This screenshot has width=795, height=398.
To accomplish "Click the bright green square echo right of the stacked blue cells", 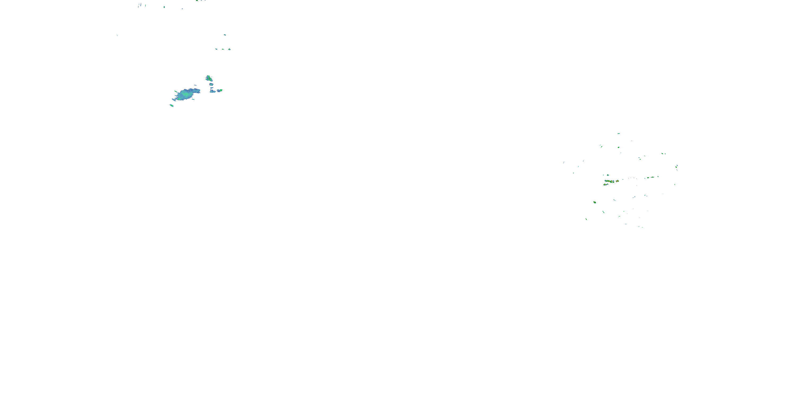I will [x=221, y=90].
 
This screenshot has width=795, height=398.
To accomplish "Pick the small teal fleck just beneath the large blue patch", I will [x=193, y=99].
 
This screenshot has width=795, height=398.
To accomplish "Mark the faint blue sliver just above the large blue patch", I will [x=195, y=85].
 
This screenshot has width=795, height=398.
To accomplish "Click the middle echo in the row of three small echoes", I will [x=223, y=49].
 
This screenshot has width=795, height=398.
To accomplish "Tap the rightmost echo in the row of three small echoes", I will [x=229, y=49].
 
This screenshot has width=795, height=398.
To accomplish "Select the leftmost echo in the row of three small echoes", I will [x=216, y=49].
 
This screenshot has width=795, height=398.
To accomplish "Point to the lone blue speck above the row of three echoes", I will [x=225, y=34].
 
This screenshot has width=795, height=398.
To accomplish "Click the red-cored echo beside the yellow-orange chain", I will [x=617, y=181].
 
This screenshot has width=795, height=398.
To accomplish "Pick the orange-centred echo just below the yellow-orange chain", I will [x=606, y=184].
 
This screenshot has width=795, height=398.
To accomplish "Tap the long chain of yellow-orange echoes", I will [x=609, y=181].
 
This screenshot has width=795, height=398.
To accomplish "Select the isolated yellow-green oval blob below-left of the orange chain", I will [x=594, y=202].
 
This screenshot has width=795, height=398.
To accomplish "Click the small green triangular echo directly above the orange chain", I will [x=608, y=175].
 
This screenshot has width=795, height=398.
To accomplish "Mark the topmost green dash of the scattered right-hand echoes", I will [x=618, y=133].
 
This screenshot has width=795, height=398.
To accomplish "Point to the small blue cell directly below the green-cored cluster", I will [x=211, y=84].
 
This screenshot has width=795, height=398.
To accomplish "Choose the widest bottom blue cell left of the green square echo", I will [x=212, y=92].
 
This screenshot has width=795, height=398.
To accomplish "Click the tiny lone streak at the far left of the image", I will [x=117, y=35].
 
